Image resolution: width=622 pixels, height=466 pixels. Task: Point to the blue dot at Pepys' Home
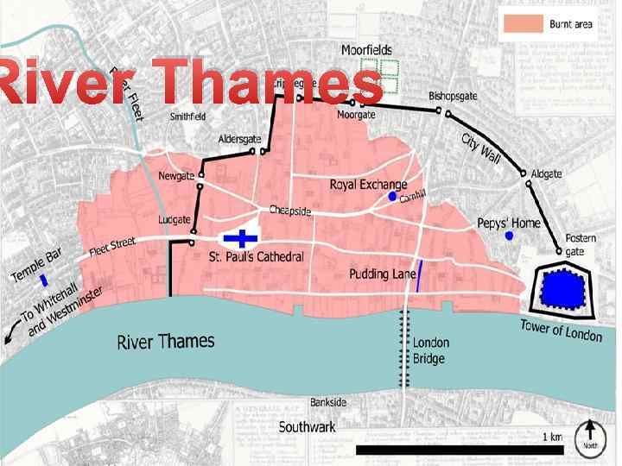point(510,235)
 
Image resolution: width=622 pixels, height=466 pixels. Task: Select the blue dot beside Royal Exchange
point(391,198)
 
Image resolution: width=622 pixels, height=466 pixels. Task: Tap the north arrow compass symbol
point(590,435)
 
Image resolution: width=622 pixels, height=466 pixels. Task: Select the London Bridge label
point(431,349)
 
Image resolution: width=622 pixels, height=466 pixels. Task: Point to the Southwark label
point(308,427)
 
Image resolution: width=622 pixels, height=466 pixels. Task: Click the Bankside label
point(328,402)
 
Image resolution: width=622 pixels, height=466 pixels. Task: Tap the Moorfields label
point(366,50)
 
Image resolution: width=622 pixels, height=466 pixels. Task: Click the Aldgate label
point(546,174)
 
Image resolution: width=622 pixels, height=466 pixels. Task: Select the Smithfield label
point(187,116)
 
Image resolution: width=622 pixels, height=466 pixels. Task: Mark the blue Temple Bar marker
point(44,280)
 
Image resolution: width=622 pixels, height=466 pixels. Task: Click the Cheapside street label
point(289,210)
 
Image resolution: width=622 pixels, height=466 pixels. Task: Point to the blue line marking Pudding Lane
point(419,275)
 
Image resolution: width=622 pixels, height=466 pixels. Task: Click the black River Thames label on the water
point(166,341)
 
